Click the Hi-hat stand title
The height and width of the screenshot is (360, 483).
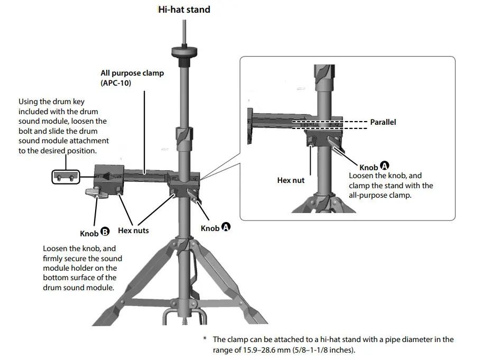tap(184, 10)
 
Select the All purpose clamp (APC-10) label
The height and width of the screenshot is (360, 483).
tap(132, 78)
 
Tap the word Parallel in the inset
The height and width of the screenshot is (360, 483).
tap(383, 122)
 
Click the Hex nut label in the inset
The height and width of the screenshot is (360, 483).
tap(291, 180)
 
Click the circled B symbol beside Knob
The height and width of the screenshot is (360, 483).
tap(105, 232)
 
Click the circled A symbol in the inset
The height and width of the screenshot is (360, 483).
tap(384, 166)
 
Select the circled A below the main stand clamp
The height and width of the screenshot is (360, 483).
tap(226, 227)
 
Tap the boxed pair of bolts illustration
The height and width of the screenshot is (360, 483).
tap(65, 177)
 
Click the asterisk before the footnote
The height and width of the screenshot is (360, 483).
tap(205, 339)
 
